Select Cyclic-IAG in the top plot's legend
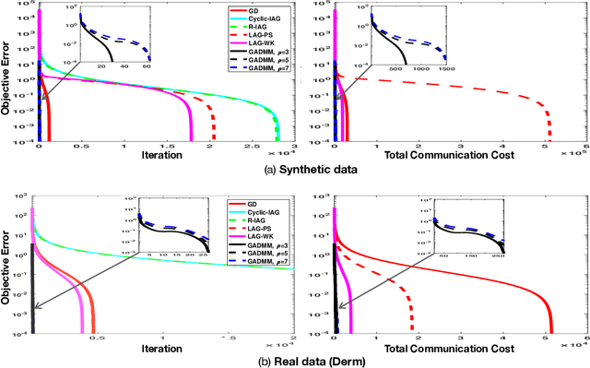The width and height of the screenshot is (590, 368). click(x=263, y=18)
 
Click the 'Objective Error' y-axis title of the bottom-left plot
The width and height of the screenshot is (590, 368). click(x=8, y=274)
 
